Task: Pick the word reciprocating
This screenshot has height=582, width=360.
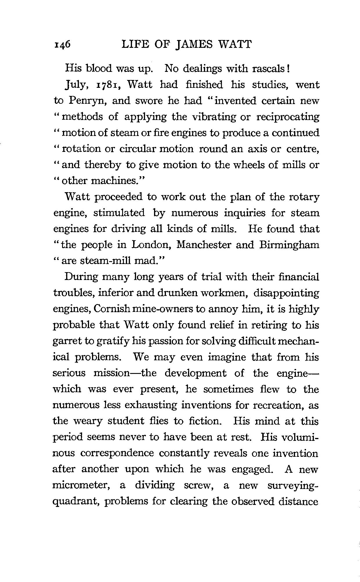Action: click(287, 117)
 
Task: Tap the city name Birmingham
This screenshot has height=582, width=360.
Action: click(289, 245)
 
